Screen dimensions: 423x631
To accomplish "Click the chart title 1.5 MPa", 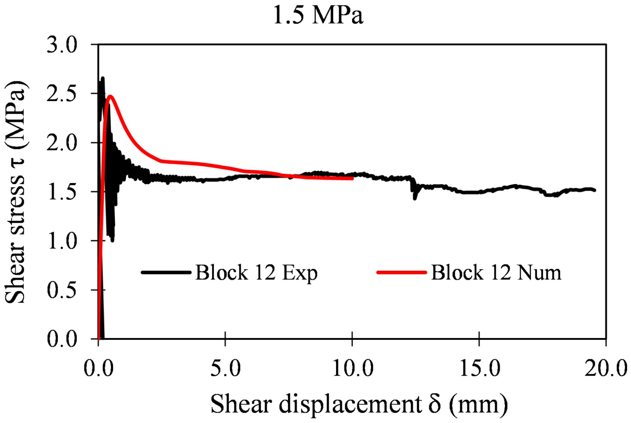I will coord(318,15).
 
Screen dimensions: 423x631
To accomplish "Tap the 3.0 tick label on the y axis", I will coord(62,45).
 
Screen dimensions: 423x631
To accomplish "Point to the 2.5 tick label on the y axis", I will coord(62,94).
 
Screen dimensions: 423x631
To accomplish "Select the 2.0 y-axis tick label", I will coord(62,143).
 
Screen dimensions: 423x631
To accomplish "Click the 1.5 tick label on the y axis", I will coord(62,192).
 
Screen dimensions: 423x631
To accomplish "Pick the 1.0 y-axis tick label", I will coord(62,241).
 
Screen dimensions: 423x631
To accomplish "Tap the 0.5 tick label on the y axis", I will coord(62,290).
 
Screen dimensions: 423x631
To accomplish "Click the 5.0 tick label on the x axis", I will coord(225,369).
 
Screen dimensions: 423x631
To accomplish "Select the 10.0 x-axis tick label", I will coord(353,369).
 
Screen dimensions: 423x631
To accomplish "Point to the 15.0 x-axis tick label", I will coord(480,369).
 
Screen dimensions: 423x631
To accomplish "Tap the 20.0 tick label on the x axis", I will coord(605,369).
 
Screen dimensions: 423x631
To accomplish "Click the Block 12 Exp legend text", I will coord(256,273).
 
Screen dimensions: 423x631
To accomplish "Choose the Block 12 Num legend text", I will coord(496,273).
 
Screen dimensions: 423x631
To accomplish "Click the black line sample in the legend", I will coord(166,272).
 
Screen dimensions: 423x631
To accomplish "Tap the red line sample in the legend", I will coord(402,272).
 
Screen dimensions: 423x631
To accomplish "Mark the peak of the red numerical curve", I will coord(111,96).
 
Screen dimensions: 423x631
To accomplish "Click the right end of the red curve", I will coord(352,178).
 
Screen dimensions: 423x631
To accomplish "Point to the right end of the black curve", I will coord(595,190).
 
